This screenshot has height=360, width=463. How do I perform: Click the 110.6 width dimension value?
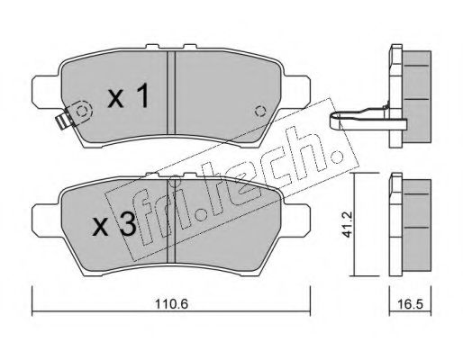[x=171, y=304]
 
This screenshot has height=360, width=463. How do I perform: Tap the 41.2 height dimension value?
[x=347, y=224]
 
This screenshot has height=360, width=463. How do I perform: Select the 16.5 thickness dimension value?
[x=411, y=304]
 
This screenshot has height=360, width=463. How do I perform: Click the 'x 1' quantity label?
[x=128, y=95]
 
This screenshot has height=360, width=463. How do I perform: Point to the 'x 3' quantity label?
[x=114, y=226]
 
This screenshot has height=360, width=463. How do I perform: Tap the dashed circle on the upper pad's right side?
[x=260, y=112]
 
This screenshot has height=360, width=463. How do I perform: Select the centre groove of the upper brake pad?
[x=171, y=93]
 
